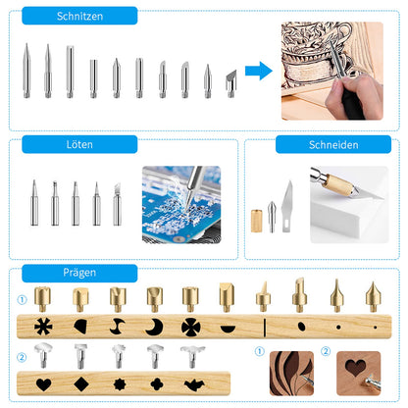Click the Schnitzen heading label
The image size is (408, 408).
(x=79, y=17)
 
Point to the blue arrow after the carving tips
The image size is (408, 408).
(x=258, y=70)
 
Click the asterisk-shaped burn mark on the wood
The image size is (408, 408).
(x=45, y=326)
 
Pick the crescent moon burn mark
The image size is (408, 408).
(x=155, y=326)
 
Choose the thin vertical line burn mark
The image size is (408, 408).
(x=262, y=326)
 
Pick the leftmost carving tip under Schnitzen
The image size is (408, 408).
(x=27, y=70)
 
